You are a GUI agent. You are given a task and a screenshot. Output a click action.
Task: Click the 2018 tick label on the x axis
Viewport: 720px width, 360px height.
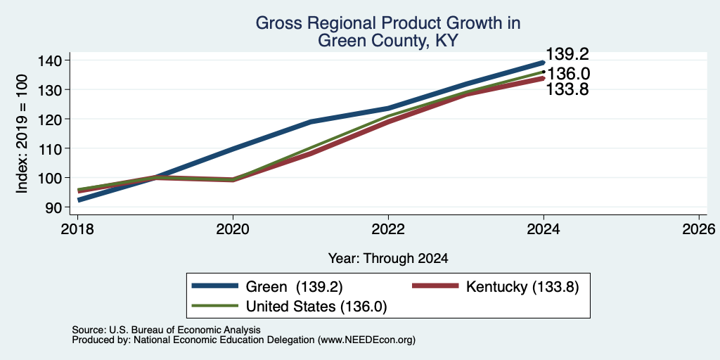[x=77, y=229]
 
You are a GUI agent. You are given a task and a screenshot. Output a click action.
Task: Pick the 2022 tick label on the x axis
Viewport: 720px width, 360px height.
[x=388, y=229]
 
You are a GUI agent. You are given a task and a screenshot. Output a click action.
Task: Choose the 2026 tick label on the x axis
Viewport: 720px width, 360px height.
[x=699, y=229]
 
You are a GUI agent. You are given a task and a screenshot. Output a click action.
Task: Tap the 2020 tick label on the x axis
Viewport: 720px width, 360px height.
[x=233, y=229]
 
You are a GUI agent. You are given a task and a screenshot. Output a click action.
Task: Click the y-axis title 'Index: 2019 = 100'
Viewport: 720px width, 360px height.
[x=22, y=134]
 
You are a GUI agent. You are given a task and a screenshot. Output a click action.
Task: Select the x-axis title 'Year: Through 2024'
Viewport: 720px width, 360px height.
[x=388, y=259]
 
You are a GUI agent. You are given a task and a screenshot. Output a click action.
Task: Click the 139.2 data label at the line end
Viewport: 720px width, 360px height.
[x=567, y=54]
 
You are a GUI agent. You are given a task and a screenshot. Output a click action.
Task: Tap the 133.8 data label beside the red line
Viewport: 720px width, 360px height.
[x=567, y=89]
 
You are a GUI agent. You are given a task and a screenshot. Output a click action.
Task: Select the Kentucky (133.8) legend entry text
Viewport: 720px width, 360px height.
[x=522, y=286]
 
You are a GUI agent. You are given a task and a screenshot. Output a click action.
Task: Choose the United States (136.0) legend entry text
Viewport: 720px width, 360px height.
[x=316, y=307]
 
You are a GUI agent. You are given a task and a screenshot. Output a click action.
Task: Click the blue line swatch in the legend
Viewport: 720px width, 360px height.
[x=215, y=286]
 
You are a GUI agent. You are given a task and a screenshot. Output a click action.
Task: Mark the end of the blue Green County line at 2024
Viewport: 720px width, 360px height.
[x=544, y=63]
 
